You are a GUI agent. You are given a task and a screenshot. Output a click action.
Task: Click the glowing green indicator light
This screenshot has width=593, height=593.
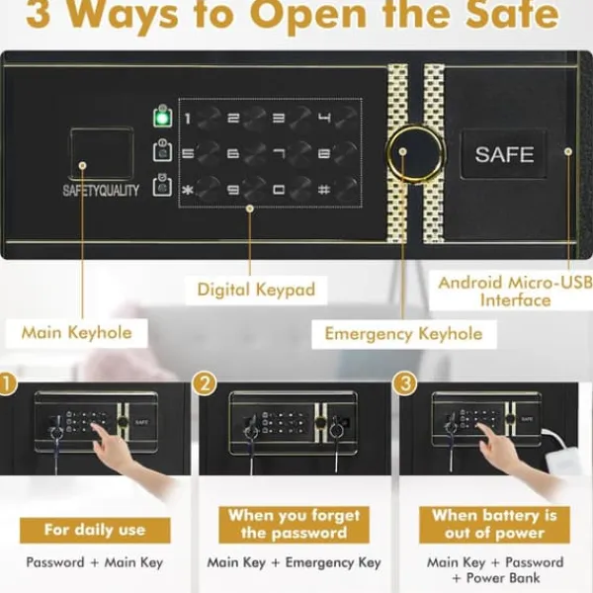tap(163, 118)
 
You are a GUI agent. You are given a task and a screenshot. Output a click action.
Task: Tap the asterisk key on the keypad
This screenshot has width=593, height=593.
tap(187, 190)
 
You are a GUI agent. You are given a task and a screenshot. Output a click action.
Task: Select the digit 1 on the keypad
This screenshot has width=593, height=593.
tap(187, 119)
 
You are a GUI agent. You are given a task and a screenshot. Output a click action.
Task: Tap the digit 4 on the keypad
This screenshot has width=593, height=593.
tap(324, 119)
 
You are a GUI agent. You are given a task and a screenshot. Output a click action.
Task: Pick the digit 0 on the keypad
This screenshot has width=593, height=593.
tap(279, 190)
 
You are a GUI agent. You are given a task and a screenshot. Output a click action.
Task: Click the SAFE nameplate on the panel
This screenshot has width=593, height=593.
tap(504, 154)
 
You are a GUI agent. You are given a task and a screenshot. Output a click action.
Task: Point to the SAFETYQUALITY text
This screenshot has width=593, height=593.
tap(101, 190)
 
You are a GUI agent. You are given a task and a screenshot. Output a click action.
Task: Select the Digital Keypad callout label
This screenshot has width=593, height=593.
tap(256, 290)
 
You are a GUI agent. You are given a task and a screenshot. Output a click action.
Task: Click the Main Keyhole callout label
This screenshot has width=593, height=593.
tap(77, 333)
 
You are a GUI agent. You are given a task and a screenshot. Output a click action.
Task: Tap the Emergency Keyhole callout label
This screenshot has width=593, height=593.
tap(404, 334)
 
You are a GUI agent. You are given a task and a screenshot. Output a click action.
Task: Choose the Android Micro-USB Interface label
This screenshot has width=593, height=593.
tap(515, 292)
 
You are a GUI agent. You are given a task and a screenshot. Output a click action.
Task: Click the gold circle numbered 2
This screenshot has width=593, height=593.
tap(205, 383)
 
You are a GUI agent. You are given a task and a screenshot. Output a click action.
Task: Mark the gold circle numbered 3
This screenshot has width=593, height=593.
tap(404, 383)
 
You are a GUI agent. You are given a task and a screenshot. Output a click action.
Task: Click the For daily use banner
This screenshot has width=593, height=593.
tap(95, 530)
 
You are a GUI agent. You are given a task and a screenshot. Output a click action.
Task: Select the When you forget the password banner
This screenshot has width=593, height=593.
tap(294, 525)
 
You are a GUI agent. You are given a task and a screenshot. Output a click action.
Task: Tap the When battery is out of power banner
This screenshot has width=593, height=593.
tap(495, 525)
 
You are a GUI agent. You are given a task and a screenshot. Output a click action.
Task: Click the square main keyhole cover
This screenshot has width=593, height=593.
tap(102, 153)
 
